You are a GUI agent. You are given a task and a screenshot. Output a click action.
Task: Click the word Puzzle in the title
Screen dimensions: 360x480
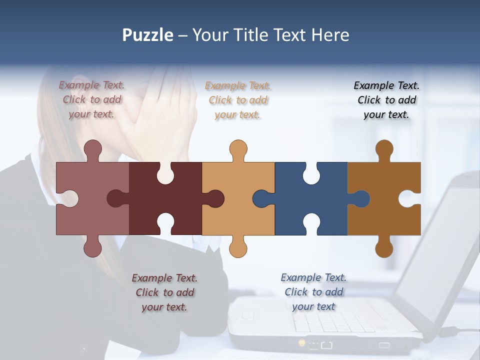tap(148, 35)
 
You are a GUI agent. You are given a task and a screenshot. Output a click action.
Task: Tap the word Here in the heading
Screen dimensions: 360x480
tap(330, 35)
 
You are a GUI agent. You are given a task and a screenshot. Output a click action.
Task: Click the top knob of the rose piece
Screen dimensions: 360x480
tap(92, 149)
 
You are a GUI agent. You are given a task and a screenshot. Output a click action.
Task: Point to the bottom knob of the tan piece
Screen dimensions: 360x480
tap(238, 248)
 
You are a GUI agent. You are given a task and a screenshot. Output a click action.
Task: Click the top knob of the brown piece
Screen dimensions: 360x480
tap(384, 149)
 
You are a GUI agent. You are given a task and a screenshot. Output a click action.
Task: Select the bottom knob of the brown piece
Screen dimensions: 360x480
tap(384, 248)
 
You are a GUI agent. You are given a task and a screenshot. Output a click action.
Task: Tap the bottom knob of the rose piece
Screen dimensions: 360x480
tap(92, 248)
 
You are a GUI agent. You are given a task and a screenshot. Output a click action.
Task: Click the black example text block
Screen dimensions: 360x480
tap(386, 100)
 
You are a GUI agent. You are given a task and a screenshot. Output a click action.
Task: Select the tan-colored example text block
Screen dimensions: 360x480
tap(238, 100)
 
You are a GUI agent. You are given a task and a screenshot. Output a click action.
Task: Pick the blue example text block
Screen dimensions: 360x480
tap(313, 292)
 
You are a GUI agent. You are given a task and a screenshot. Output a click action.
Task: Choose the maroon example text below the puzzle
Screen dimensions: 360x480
tap(164, 292)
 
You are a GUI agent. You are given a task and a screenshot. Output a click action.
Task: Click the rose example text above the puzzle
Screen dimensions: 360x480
tap(92, 99)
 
